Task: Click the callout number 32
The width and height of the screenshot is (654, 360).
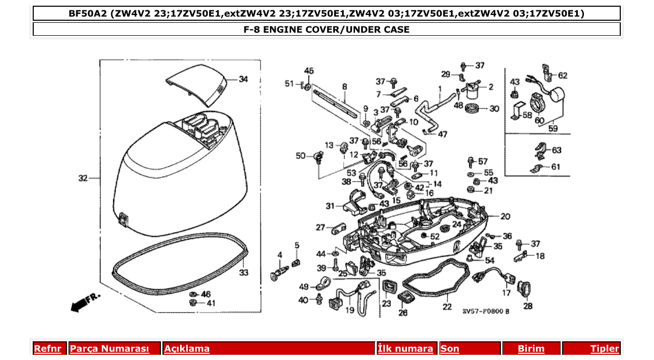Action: (x=83, y=178)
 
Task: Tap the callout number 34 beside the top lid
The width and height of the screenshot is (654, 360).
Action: (x=243, y=79)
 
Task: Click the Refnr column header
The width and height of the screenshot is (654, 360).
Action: (x=47, y=349)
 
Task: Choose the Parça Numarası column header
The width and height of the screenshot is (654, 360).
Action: (x=110, y=349)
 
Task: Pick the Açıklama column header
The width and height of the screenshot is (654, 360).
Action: (x=187, y=349)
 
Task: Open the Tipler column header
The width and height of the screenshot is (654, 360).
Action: (x=604, y=349)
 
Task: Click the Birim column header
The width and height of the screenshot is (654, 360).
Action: (x=531, y=349)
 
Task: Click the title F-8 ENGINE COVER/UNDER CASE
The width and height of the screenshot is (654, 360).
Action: (x=326, y=30)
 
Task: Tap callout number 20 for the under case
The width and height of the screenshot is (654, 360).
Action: (x=505, y=216)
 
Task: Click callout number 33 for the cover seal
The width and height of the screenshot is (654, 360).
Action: (x=243, y=272)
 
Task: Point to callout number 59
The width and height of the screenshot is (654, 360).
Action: (x=554, y=127)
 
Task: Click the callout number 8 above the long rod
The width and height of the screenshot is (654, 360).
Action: (x=344, y=86)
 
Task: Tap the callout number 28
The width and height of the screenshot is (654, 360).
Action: (x=527, y=306)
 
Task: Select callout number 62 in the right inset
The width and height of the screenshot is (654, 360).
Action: (x=563, y=75)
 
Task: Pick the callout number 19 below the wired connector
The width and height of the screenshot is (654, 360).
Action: (x=349, y=311)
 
